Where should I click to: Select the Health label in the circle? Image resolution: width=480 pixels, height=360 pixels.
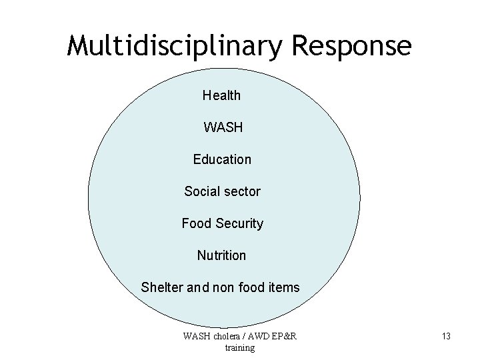click(x=221, y=95)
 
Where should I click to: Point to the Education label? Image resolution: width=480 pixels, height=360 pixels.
click(x=222, y=159)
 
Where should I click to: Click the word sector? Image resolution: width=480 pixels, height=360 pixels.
click(x=243, y=191)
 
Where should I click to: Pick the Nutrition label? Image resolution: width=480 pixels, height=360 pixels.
click(x=221, y=255)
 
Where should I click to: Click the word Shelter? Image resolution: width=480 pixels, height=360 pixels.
click(x=161, y=288)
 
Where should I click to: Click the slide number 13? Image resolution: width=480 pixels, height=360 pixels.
click(x=446, y=337)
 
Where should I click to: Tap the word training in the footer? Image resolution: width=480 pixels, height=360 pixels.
click(x=240, y=347)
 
